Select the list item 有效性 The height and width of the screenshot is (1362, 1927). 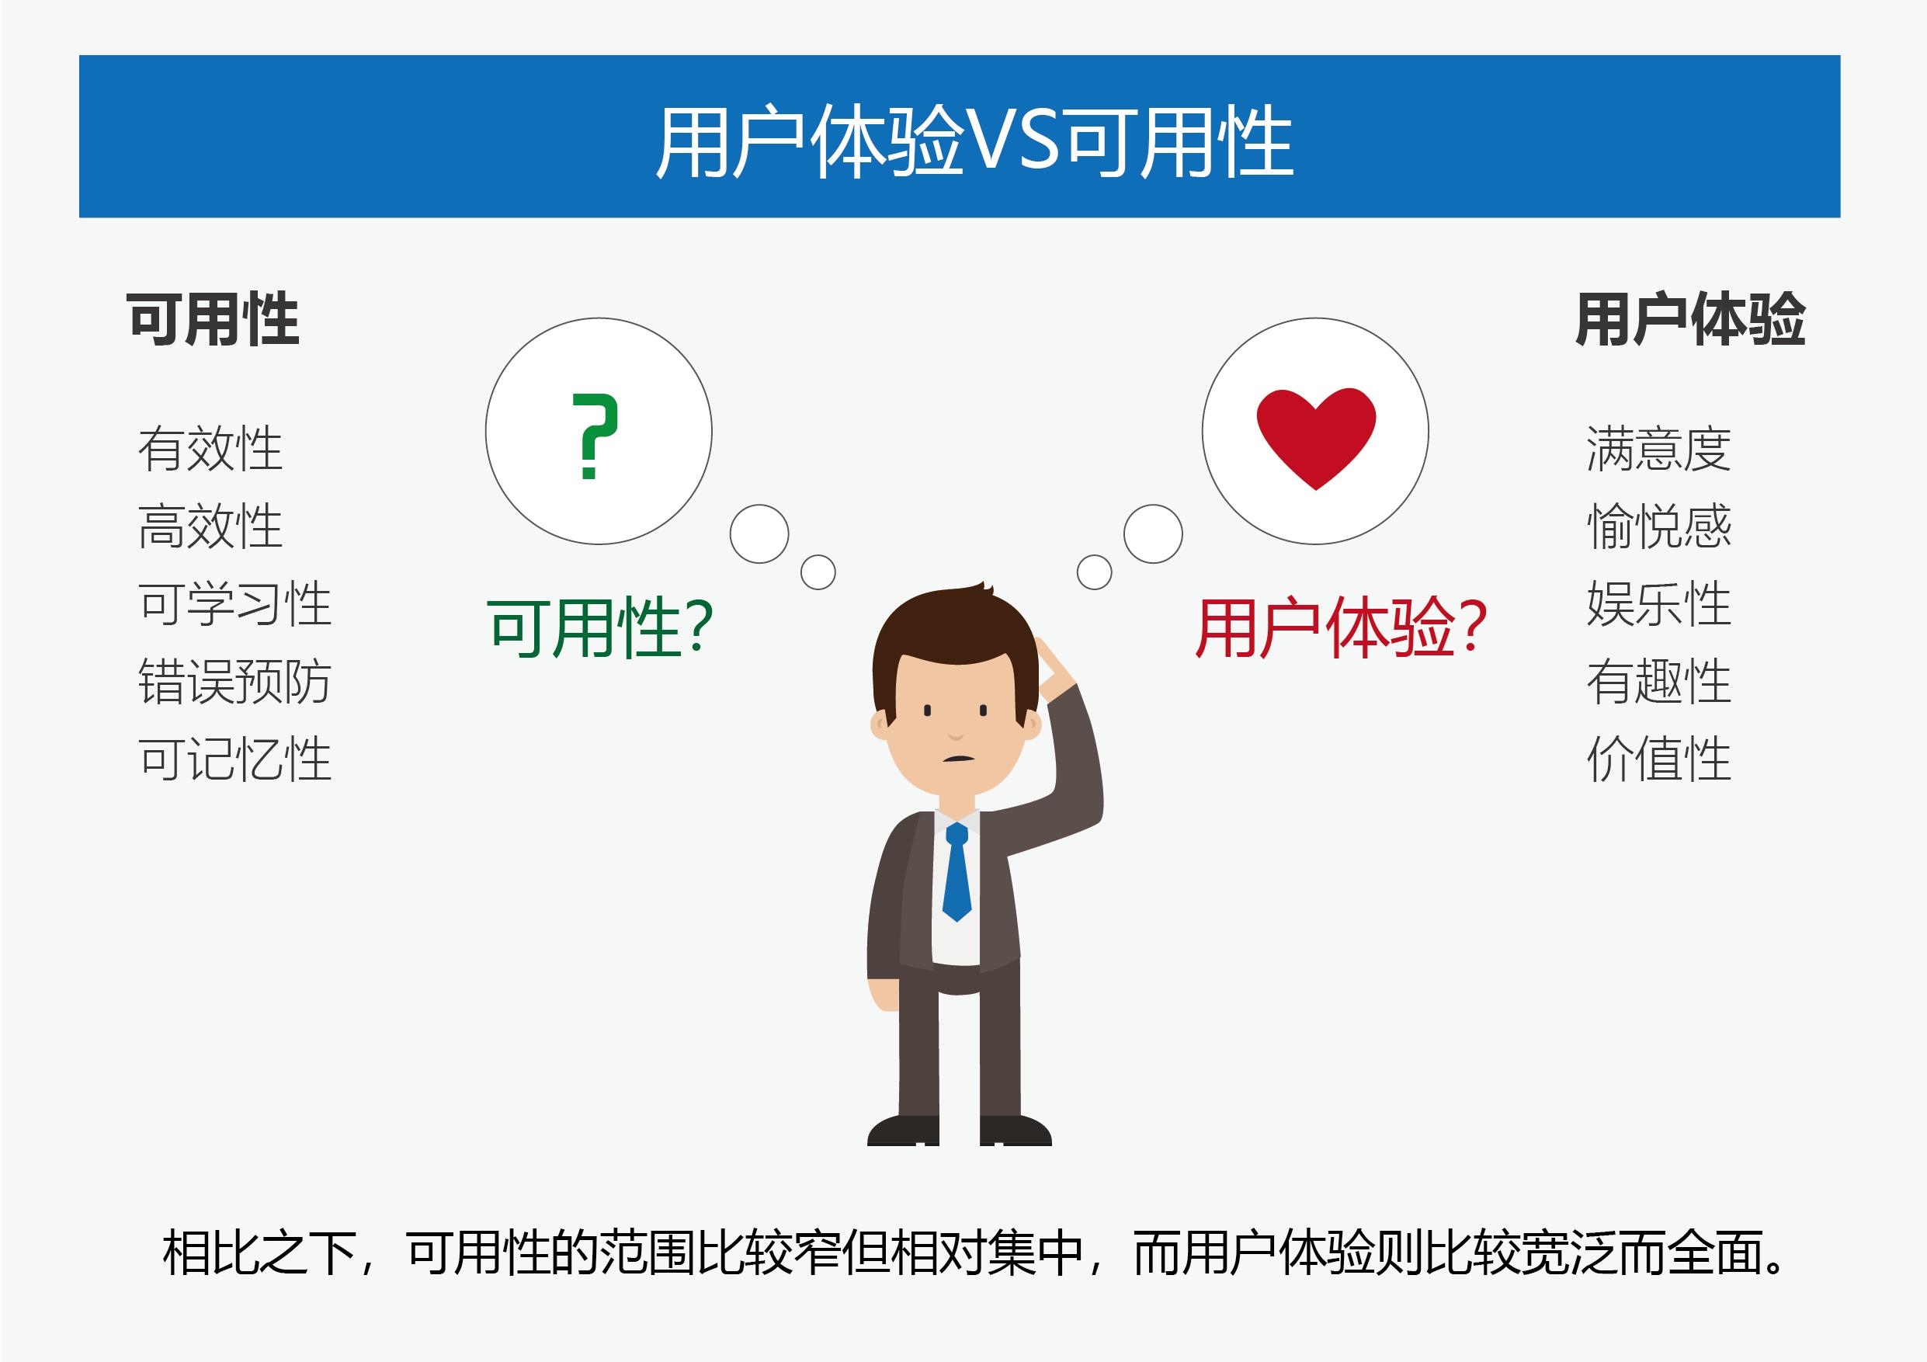pyautogui.click(x=210, y=449)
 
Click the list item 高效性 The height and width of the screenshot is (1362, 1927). pyautogui.click(x=210, y=526)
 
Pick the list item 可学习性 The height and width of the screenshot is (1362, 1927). pyautogui.click(x=235, y=603)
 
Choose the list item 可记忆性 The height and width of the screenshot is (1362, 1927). pyautogui.click(x=235, y=759)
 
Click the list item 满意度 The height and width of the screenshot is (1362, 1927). pyautogui.click(x=1658, y=449)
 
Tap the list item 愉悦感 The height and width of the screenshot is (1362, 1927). pyautogui.click(x=1658, y=526)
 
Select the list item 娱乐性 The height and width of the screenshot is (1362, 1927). pyautogui.click(x=1658, y=603)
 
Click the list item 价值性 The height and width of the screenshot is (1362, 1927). pyautogui.click(x=1658, y=759)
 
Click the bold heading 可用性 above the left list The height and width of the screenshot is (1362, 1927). pyautogui.click(x=214, y=320)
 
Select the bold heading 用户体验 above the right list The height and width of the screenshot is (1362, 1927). pyautogui.click(x=1690, y=320)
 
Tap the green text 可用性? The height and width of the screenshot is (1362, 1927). pyautogui.click(x=600, y=627)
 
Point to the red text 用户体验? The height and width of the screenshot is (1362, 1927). pyautogui.click(x=1340, y=627)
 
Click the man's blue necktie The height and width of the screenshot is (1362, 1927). pyautogui.click(x=957, y=873)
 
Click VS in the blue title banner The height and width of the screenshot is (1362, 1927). pyautogui.click(x=1013, y=141)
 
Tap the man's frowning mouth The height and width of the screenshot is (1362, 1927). pyautogui.click(x=957, y=759)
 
